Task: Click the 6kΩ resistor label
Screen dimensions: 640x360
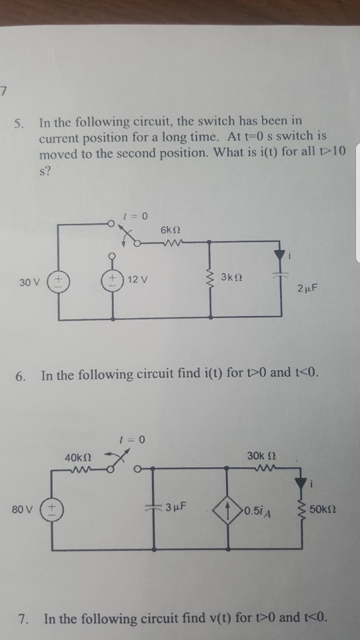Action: [x=169, y=229]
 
